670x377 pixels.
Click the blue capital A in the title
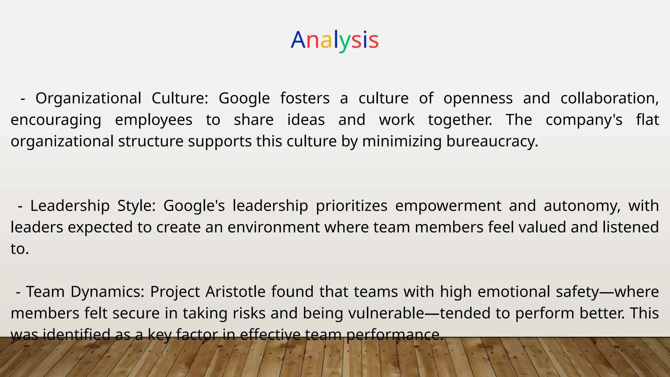[298, 40]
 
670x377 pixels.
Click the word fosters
[305, 98]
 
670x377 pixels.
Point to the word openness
[478, 98]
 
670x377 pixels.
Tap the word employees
[153, 120]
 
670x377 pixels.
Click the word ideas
[306, 120]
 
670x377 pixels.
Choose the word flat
[647, 120]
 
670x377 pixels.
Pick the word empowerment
[448, 206]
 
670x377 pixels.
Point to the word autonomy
[582, 206]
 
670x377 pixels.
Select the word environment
[273, 227]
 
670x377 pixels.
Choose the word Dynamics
[107, 292]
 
